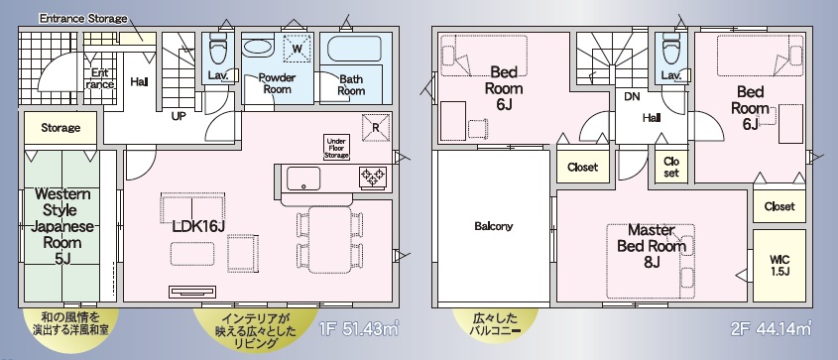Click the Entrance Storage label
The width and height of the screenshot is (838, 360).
click(x=83, y=19)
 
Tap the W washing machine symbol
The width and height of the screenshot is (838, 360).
click(x=298, y=48)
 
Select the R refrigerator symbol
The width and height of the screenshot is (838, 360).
click(x=375, y=128)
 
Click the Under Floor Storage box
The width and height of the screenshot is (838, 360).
click(x=336, y=148)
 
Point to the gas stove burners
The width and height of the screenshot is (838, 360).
click(x=373, y=176)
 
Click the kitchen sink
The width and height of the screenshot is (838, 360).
click(x=303, y=179)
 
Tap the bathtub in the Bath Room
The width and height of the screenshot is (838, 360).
click(x=353, y=49)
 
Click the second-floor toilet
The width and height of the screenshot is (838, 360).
click(x=670, y=49)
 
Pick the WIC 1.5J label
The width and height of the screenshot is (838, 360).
click(x=779, y=265)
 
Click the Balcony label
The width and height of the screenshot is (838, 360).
click(x=494, y=226)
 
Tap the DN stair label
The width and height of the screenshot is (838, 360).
click(x=633, y=96)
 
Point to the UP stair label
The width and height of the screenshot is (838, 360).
click(x=179, y=115)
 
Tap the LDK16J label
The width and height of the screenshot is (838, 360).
click(x=198, y=226)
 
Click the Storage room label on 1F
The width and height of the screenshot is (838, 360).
click(x=60, y=128)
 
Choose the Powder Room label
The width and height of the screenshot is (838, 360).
click(x=277, y=83)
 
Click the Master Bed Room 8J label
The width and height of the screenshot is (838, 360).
click(x=651, y=246)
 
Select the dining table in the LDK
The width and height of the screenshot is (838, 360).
click(x=330, y=240)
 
